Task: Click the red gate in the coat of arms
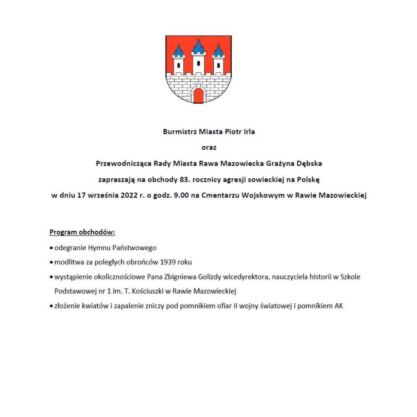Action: (x=198, y=96)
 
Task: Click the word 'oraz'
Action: (x=209, y=147)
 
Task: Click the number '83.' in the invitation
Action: (x=187, y=180)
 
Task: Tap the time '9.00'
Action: (x=181, y=195)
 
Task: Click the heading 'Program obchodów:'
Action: (x=82, y=232)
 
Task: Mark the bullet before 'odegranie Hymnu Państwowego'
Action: (x=51, y=248)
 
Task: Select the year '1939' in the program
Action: (x=168, y=262)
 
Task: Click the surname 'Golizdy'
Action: (x=210, y=277)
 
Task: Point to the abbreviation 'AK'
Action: (x=339, y=306)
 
